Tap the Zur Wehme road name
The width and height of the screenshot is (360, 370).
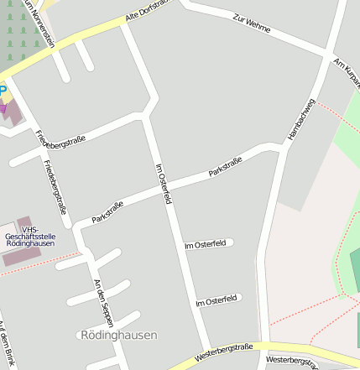pyautogui.click(x=253, y=22)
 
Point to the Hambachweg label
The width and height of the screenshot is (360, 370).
pyautogui.click(x=300, y=118)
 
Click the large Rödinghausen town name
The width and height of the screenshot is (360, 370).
pyautogui.click(x=118, y=335)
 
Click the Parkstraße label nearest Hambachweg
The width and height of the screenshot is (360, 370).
pyautogui.click(x=225, y=166)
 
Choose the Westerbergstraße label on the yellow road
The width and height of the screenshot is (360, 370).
pyautogui.click(x=223, y=351)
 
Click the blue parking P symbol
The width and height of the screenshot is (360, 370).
pyautogui.click(x=3, y=89)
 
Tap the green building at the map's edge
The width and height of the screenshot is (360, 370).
pyautogui.click(x=355, y=268)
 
